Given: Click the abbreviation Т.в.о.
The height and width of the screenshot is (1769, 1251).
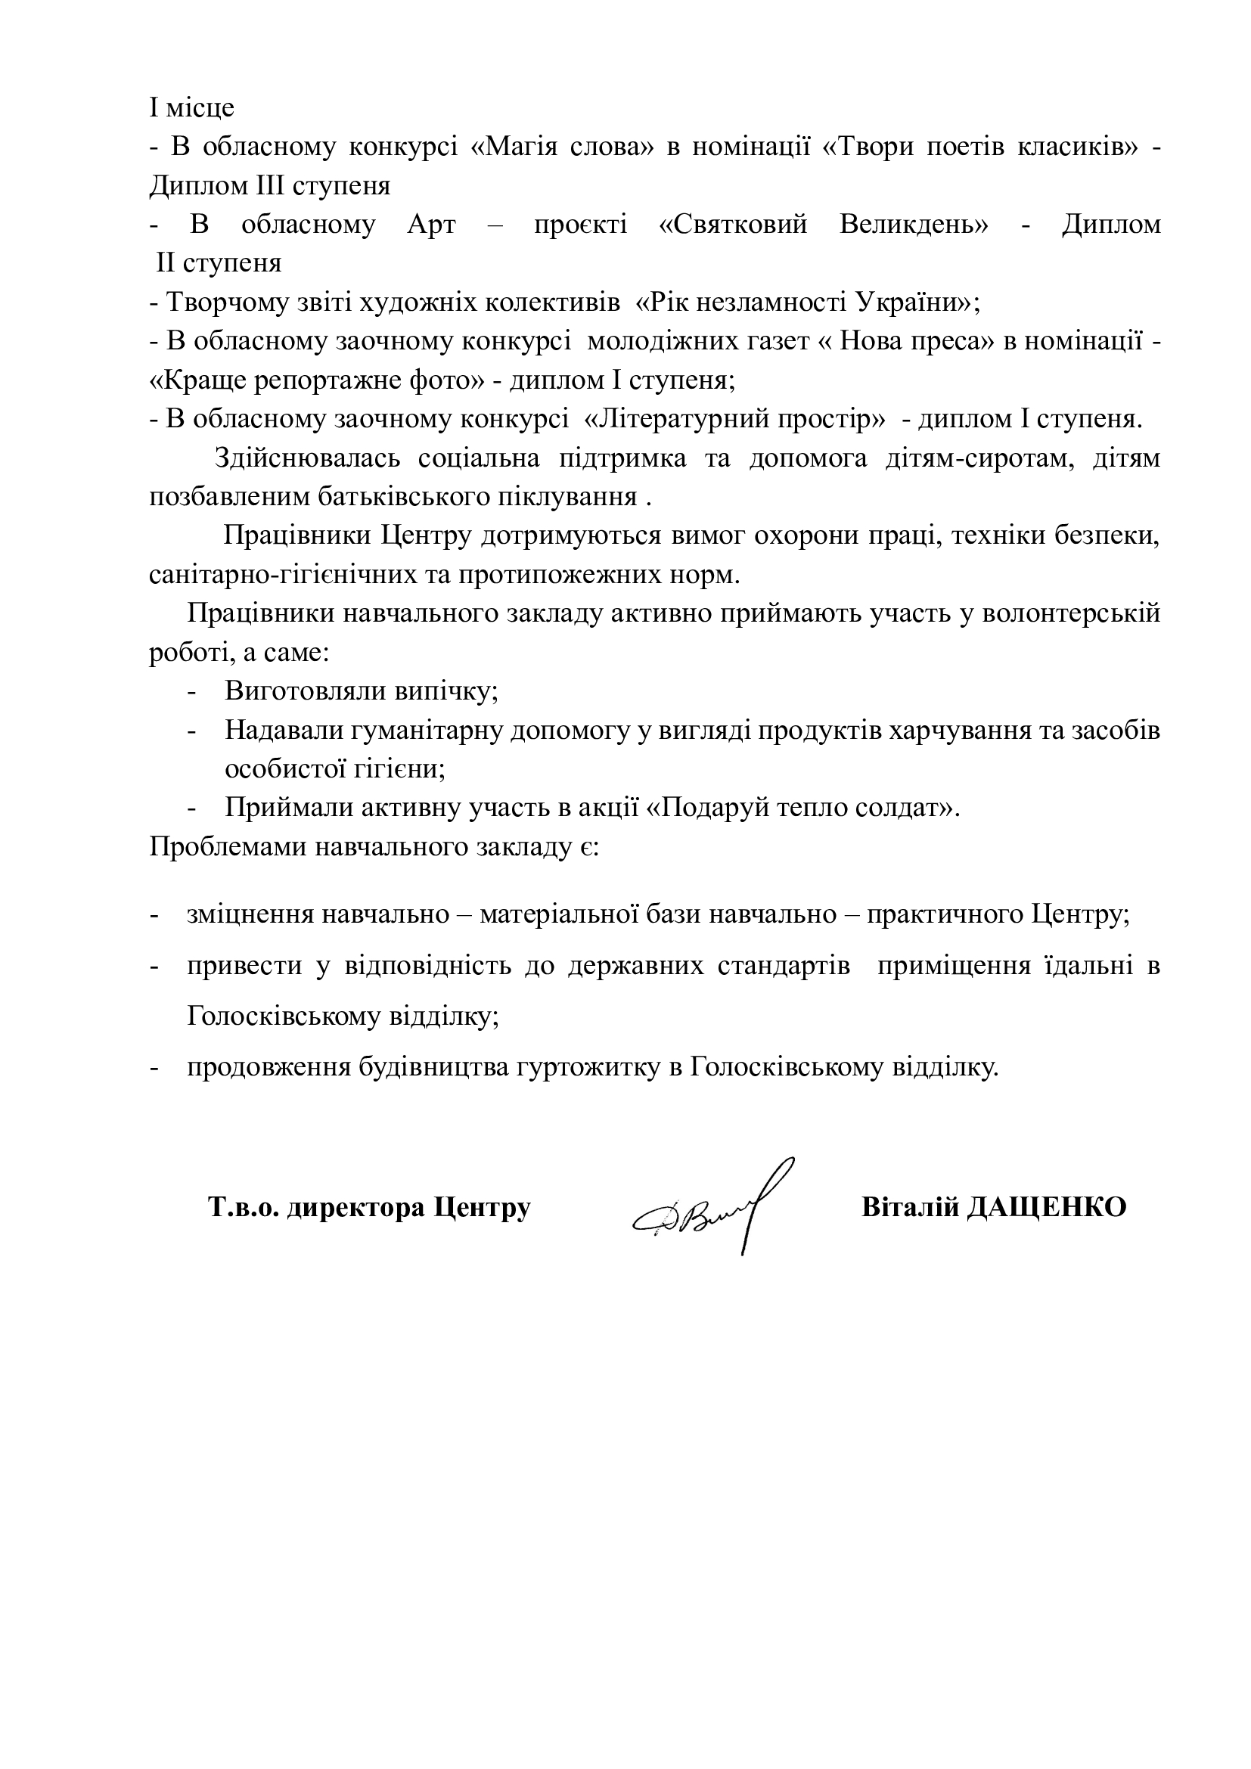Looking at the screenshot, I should click(x=242, y=1206).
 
